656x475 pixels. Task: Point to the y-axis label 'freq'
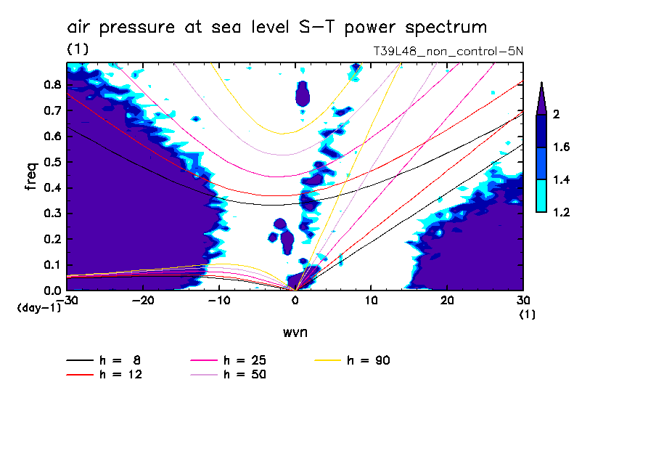(x=31, y=176)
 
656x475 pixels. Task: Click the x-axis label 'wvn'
(x=294, y=333)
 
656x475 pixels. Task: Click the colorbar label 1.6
(x=562, y=147)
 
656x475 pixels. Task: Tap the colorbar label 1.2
(x=562, y=212)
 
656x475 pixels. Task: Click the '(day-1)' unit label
(x=38, y=308)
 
